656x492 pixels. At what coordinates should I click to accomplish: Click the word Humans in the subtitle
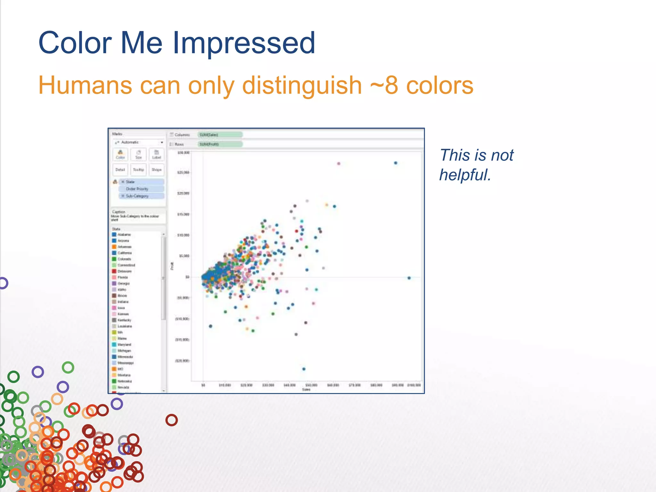[x=85, y=86]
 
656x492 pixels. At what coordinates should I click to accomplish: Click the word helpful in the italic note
[x=464, y=175]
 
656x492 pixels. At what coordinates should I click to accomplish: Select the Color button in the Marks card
[x=120, y=155]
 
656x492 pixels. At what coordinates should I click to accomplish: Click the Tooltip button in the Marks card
[x=138, y=170]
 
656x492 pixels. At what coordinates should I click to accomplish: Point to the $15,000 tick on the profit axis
[x=183, y=214]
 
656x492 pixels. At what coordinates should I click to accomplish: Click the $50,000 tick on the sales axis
[x=311, y=385]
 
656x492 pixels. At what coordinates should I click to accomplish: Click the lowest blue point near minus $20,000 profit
[x=304, y=369]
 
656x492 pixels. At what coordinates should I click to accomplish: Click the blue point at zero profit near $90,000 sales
[x=409, y=278]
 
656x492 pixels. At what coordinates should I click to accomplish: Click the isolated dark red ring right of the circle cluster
[x=171, y=420]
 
